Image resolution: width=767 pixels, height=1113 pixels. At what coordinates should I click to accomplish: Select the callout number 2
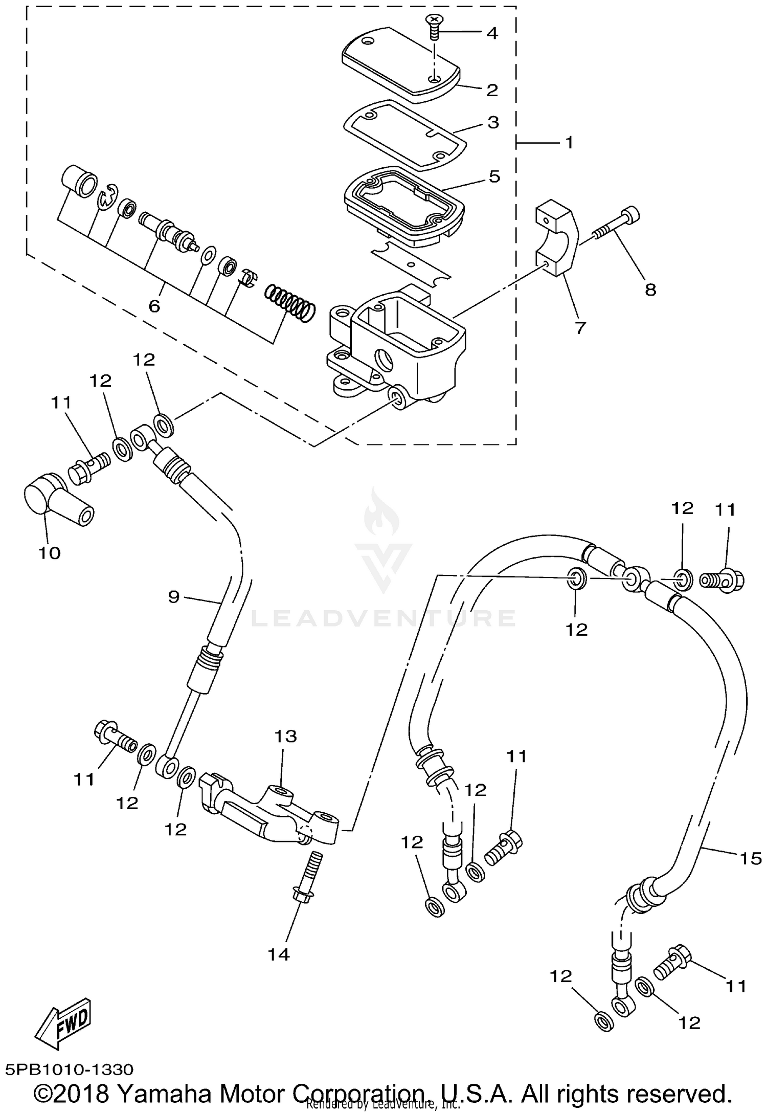click(x=492, y=90)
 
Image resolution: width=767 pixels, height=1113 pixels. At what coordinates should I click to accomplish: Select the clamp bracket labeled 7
click(x=557, y=239)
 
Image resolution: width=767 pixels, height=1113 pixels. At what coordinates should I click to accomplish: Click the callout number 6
click(x=154, y=306)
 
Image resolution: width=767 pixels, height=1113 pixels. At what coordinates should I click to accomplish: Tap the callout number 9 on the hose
click(x=174, y=596)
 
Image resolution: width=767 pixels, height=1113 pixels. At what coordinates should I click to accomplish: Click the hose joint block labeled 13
click(x=271, y=813)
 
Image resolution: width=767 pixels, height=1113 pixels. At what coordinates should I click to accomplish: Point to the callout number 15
click(x=751, y=858)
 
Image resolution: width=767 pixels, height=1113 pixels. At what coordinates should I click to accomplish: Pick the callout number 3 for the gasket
click(x=493, y=122)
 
